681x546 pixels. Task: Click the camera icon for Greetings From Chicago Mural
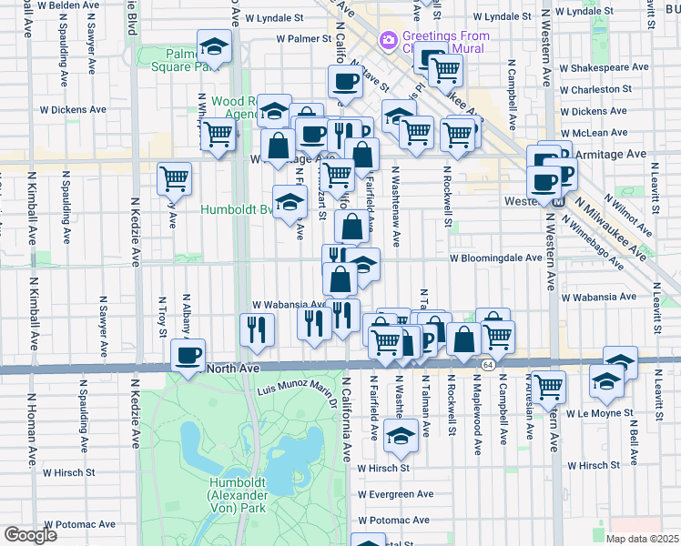coord(389,40)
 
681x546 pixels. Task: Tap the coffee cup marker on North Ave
coord(188,356)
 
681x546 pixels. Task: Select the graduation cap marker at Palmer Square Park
coord(215,47)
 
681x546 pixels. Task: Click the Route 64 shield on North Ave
coord(489,365)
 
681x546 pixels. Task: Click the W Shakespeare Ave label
coord(604,66)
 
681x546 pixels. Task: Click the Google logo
coord(31,534)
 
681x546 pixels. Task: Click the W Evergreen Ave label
coord(395,494)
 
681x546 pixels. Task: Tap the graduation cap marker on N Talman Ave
coord(399,437)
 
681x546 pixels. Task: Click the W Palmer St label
coord(305,39)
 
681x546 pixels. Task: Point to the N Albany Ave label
coord(186,315)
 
